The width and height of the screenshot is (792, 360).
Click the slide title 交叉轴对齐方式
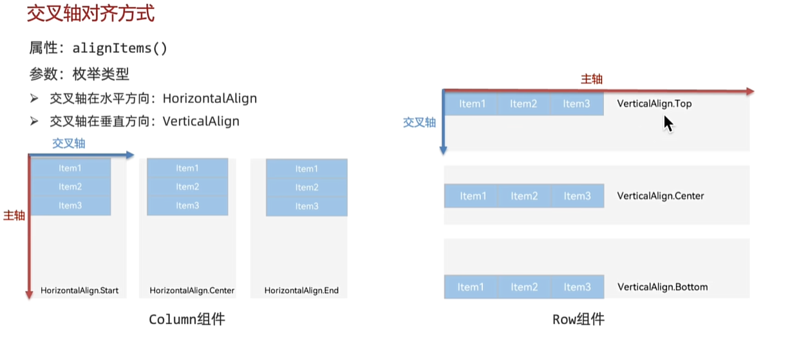(x=91, y=14)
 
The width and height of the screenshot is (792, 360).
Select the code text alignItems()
(x=120, y=48)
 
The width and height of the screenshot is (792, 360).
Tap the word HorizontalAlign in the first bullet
(x=210, y=99)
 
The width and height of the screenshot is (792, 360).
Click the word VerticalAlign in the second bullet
(x=201, y=121)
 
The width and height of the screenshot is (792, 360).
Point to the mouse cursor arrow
(x=668, y=124)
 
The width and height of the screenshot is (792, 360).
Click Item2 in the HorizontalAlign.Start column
(x=70, y=187)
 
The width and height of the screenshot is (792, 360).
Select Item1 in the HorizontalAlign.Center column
(x=187, y=168)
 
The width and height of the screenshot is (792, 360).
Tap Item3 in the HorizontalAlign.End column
(x=306, y=206)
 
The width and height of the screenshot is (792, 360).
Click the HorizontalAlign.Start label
(x=80, y=290)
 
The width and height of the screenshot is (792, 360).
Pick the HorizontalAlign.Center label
(x=192, y=290)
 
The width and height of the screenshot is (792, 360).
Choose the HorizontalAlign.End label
(x=301, y=290)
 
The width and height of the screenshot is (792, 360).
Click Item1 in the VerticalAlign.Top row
(x=472, y=104)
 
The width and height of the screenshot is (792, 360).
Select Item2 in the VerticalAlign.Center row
(x=524, y=196)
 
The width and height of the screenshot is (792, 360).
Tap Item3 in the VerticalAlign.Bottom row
(x=577, y=287)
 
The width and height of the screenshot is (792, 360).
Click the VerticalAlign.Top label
(x=654, y=104)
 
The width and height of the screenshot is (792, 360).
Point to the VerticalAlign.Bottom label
(x=663, y=287)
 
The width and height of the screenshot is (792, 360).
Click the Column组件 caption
(x=187, y=319)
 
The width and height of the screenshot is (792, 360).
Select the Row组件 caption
(x=578, y=319)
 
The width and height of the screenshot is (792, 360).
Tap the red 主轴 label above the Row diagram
(x=592, y=79)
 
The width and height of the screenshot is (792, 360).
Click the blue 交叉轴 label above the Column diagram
(x=69, y=143)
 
